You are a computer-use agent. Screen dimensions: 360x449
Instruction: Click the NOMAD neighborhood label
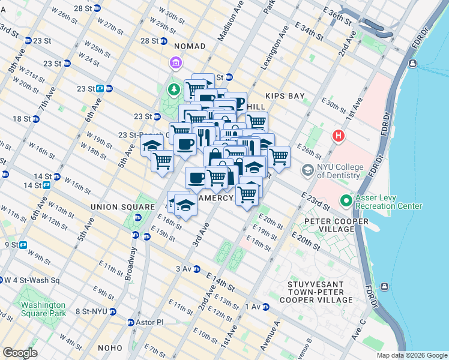(x=189, y=46)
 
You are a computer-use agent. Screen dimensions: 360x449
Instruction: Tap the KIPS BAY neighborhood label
(x=285, y=96)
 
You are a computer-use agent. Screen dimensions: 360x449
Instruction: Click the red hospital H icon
(x=339, y=136)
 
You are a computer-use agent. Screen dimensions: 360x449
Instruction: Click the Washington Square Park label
(x=43, y=308)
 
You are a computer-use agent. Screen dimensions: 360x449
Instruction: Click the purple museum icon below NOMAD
(x=175, y=63)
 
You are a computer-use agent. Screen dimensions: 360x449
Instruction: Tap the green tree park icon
(x=174, y=89)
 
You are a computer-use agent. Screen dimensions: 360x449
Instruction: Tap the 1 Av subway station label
(x=252, y=307)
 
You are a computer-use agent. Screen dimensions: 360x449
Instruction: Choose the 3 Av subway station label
(x=184, y=269)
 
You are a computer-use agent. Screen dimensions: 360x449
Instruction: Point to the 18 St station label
(x=22, y=119)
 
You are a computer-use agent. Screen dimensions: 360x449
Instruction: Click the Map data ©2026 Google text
(x=412, y=355)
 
